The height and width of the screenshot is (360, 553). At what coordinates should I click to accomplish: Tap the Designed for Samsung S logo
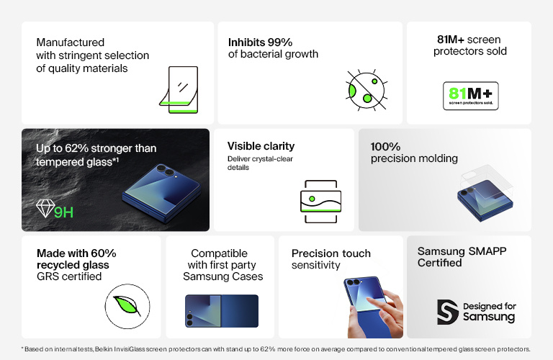448,311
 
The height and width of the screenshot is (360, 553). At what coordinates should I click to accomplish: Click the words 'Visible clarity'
260,146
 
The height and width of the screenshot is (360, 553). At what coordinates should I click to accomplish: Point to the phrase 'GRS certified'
69,276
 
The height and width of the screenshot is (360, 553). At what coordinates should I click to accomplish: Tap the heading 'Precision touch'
331,253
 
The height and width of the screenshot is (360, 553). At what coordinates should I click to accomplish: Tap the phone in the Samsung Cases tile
221,311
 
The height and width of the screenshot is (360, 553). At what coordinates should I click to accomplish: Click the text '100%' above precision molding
385,146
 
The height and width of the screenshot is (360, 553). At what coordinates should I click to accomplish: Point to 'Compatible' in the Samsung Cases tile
220,253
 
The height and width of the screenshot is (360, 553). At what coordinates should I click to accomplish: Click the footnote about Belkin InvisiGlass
276,349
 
